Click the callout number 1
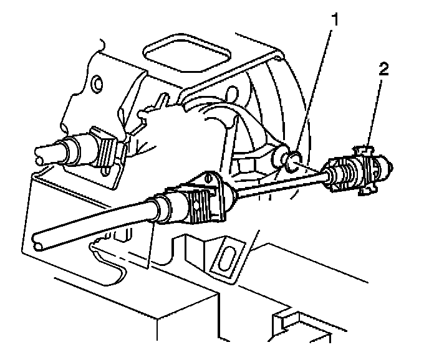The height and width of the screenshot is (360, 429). coord(335,21)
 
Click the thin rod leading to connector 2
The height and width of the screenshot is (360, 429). coord(281,185)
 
